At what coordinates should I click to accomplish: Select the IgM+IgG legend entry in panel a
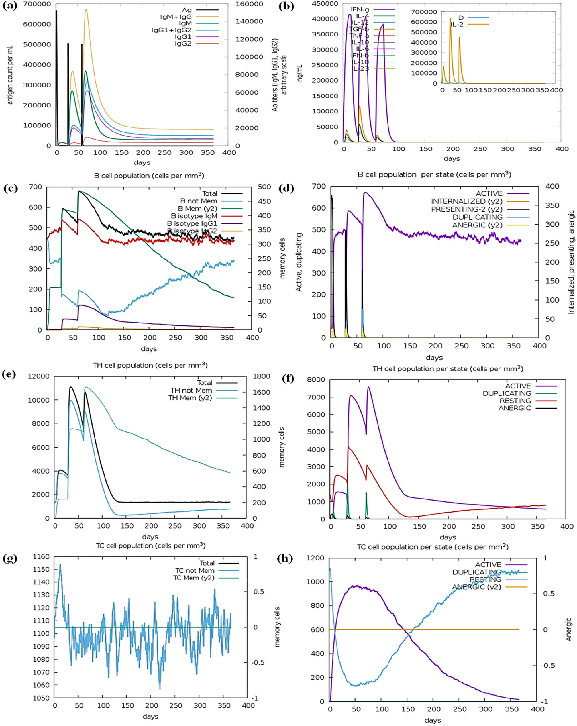pyautogui.click(x=176, y=17)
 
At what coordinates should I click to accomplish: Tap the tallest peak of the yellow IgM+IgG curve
pyautogui.click(x=86, y=10)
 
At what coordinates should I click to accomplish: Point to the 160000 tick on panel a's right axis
pyautogui.click(x=249, y=4)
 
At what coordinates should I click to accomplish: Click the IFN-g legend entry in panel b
pyautogui.click(x=360, y=9)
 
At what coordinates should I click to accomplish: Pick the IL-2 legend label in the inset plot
pyautogui.click(x=457, y=24)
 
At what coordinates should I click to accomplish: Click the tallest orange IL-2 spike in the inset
pyautogui.click(x=450, y=19)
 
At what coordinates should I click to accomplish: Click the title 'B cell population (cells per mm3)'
pyautogui.click(x=149, y=175)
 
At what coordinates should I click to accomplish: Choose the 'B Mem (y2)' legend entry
pyautogui.click(x=198, y=209)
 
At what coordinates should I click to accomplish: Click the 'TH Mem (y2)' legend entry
pyautogui.click(x=190, y=398)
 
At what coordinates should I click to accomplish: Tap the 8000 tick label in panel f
pyautogui.click(x=316, y=380)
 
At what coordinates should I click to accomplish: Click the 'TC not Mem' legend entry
pyautogui.click(x=195, y=570)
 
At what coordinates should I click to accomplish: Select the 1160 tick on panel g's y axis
pyautogui.click(x=41, y=557)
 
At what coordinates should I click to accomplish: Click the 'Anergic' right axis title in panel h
pyautogui.click(x=569, y=629)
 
